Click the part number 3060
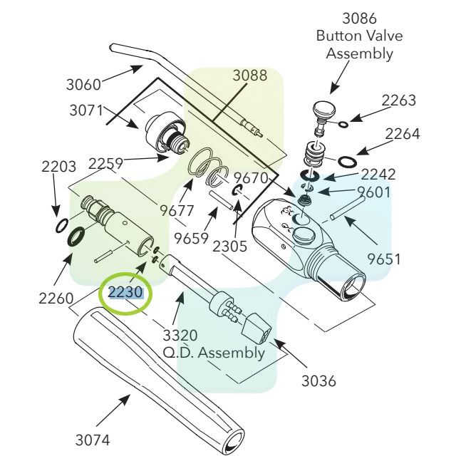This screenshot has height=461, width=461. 84,84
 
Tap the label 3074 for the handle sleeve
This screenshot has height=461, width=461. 93,440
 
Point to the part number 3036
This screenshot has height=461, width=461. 318,380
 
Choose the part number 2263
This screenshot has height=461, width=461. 399,100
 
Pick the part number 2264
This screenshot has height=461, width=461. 403,133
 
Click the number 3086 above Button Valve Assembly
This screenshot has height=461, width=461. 360,19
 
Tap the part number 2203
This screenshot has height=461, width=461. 58,167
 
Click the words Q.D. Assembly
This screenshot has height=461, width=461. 214,352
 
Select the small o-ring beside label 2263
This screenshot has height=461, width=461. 343,125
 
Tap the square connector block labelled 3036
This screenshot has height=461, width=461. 257,329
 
